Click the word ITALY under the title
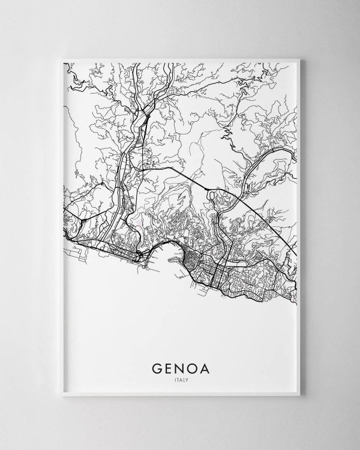pos(179,378)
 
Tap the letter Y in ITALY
pos(187,378)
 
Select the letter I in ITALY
pos(172,378)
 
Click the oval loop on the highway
pos(210,195)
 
